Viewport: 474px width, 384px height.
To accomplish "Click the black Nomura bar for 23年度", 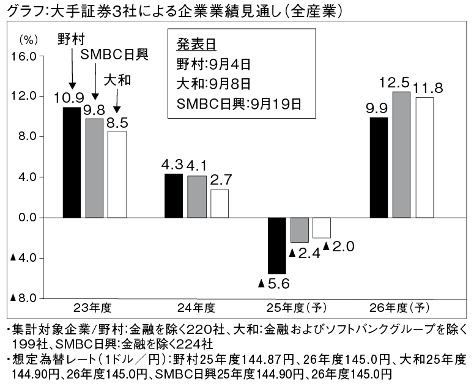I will (72, 162).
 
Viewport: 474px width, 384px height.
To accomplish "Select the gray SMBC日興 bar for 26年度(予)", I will (401, 155).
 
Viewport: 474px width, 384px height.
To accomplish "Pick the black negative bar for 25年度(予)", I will (277, 245).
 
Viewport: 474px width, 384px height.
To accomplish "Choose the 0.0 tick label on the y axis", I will (28, 218).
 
